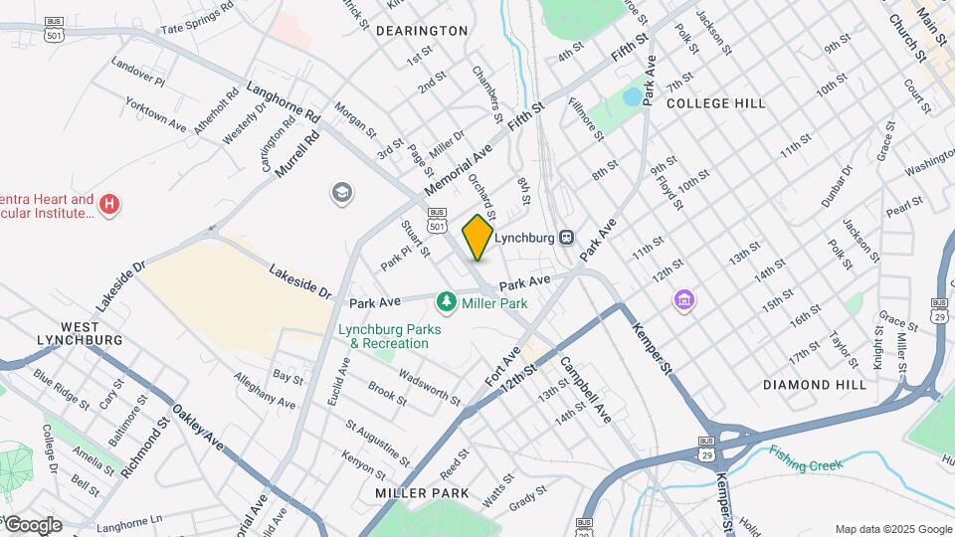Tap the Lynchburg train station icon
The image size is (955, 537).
(565, 238)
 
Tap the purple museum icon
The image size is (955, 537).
(682, 299)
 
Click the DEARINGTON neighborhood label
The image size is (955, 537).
(422, 31)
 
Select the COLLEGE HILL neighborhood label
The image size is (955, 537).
(715, 103)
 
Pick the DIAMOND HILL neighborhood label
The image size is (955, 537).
(809, 384)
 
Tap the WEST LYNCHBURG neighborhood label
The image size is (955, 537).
(79, 333)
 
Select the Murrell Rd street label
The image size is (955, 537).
(296, 155)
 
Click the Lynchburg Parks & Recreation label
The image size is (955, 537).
(383, 336)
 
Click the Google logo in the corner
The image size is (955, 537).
(32, 525)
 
